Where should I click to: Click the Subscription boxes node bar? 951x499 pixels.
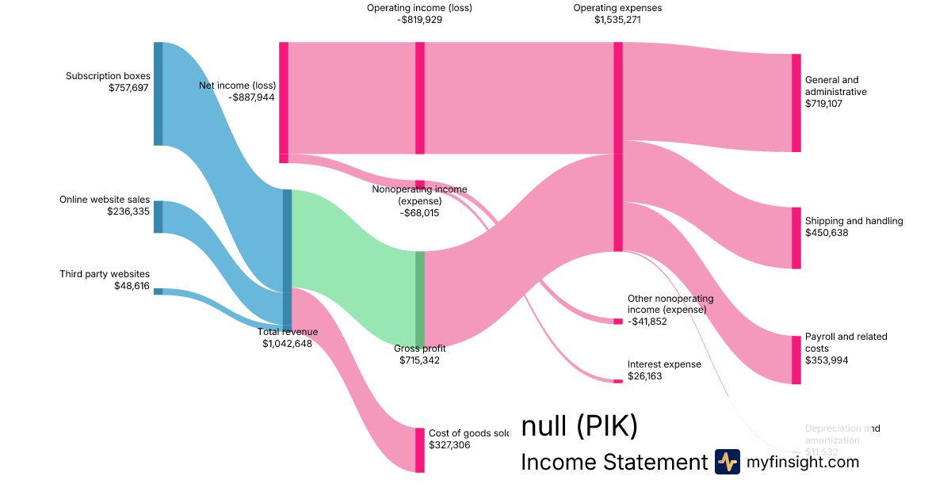[x=158, y=93]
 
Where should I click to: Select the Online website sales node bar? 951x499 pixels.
[x=158, y=217]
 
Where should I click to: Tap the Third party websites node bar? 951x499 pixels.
[x=158, y=291]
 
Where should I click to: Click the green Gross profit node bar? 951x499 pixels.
[x=420, y=299]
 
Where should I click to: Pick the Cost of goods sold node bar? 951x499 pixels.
[x=420, y=450]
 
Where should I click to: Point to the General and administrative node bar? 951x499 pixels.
[x=796, y=103]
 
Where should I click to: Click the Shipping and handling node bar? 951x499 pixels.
[x=796, y=238]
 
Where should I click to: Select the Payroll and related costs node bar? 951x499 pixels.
[x=796, y=360]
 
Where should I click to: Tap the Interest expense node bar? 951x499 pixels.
[x=618, y=381]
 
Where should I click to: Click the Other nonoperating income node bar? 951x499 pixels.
[x=618, y=322]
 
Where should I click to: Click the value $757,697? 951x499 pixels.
[x=128, y=88]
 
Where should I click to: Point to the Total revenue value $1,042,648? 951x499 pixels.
[x=287, y=344]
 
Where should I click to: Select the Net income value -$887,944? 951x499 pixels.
[x=251, y=97]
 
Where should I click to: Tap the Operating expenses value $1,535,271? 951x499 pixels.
[x=617, y=20]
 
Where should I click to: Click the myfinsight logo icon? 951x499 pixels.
[x=727, y=462]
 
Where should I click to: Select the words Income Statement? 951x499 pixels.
[x=613, y=463]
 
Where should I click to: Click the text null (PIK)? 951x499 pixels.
[x=579, y=427]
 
